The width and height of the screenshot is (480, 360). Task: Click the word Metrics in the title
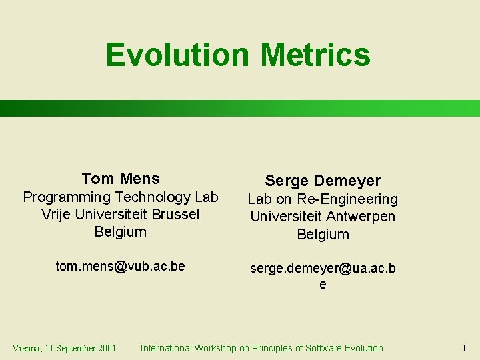pyautogui.click(x=315, y=55)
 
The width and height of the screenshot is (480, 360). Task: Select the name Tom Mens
pyautogui.click(x=121, y=179)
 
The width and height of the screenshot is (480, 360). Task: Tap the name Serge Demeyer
pyautogui.click(x=323, y=181)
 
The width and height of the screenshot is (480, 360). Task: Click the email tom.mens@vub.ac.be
pyautogui.click(x=121, y=266)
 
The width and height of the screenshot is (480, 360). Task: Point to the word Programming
pyautogui.click(x=67, y=197)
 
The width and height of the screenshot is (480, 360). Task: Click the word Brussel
pyautogui.click(x=175, y=215)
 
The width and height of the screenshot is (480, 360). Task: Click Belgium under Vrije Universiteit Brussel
pyautogui.click(x=121, y=232)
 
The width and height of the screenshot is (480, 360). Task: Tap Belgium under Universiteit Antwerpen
pyautogui.click(x=323, y=234)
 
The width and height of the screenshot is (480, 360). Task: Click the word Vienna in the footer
pyautogui.click(x=27, y=348)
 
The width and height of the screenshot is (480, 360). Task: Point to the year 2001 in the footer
pyautogui.click(x=106, y=348)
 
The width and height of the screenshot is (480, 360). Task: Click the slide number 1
pyautogui.click(x=464, y=348)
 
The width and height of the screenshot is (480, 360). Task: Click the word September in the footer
pyautogui.click(x=75, y=348)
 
